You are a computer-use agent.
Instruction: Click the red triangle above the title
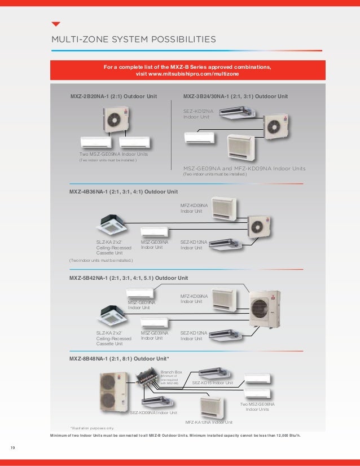[55, 24]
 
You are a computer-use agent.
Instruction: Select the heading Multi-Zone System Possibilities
[133, 40]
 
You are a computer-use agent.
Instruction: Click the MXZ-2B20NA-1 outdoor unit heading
[113, 96]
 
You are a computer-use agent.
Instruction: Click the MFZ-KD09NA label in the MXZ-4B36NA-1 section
[194, 209]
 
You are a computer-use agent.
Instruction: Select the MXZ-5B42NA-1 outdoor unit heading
[128, 279]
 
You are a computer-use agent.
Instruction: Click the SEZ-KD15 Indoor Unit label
[213, 383]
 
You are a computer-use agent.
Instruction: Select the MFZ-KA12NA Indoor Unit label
[209, 422]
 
